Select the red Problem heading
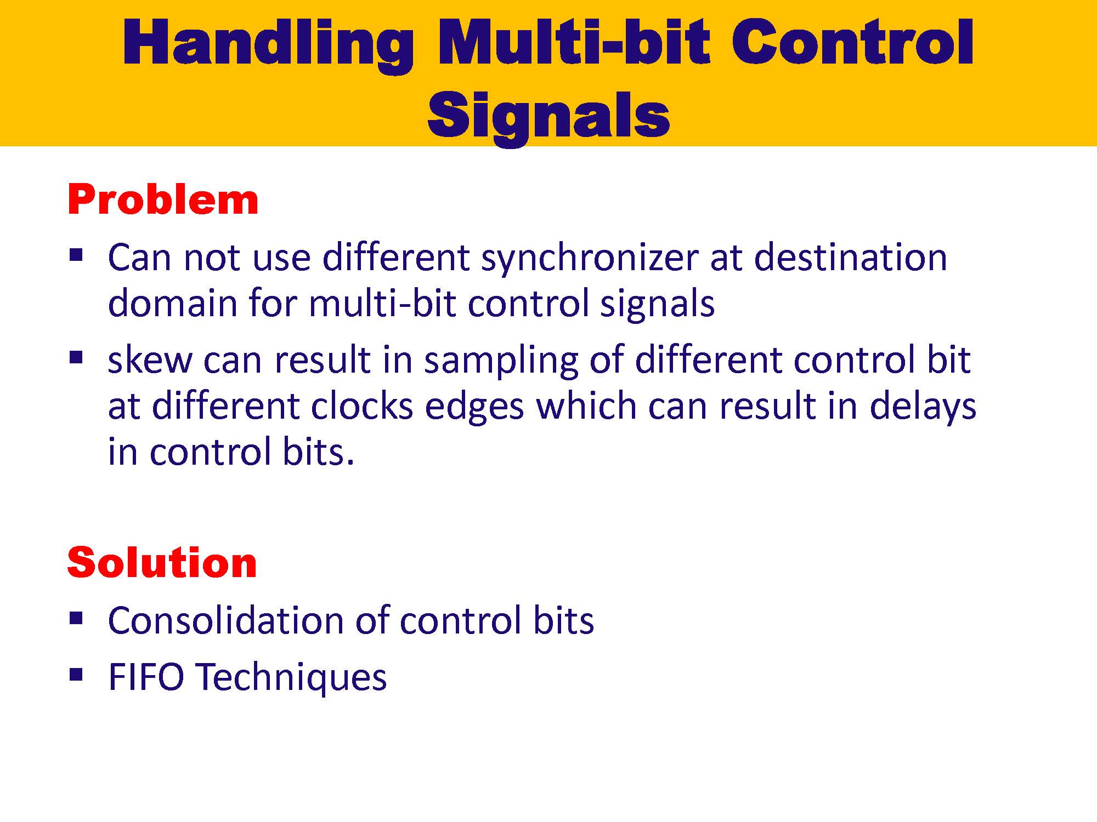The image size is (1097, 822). tap(163, 200)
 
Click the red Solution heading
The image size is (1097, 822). tap(162, 563)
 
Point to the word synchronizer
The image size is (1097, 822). tap(590, 258)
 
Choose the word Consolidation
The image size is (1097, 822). tap(226, 620)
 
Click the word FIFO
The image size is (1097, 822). tap(146, 677)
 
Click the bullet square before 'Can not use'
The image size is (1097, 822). tap(76, 255)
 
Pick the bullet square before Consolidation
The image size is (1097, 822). tap(76, 618)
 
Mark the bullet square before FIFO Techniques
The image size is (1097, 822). tap(76, 673)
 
